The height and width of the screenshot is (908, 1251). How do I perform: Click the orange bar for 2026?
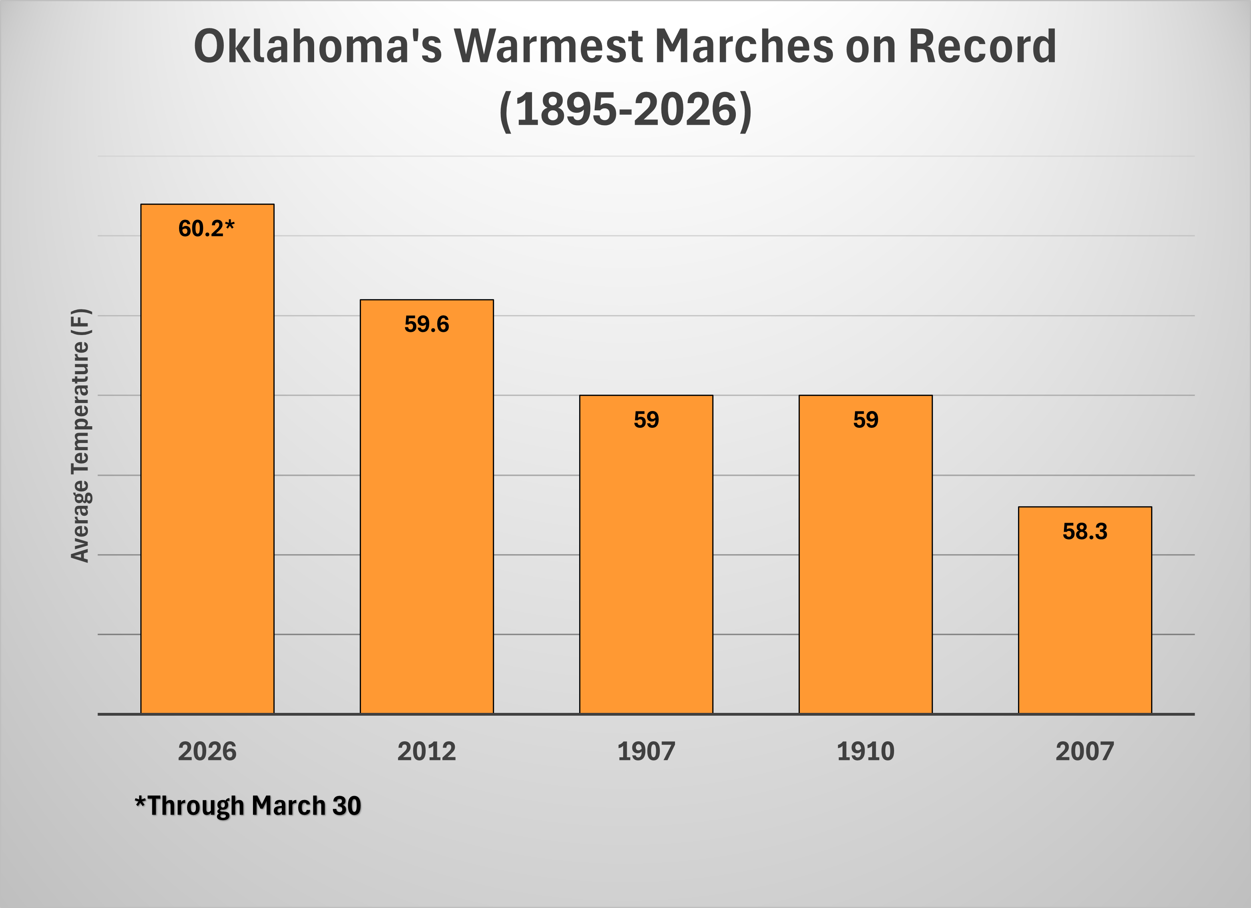coord(207,469)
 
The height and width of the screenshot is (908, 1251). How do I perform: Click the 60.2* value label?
coord(206,228)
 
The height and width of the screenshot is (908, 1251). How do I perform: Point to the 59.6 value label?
coord(426,324)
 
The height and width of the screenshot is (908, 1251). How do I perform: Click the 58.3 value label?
coord(1084,531)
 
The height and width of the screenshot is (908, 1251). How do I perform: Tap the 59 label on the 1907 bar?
coord(646,420)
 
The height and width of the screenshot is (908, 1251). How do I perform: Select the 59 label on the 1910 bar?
coord(865,420)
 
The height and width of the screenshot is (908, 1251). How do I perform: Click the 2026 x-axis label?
coord(207,751)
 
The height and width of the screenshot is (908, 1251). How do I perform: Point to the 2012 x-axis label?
coord(426,751)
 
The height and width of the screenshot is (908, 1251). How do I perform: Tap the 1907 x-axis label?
coord(646,751)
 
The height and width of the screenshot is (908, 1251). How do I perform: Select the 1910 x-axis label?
coord(865,751)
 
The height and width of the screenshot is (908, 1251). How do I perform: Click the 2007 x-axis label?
coord(1084,751)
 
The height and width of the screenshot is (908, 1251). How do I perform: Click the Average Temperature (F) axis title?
coord(80,435)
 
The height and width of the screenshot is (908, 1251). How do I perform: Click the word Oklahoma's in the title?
coord(318,46)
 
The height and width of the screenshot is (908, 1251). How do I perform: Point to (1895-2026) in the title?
coord(625,109)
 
